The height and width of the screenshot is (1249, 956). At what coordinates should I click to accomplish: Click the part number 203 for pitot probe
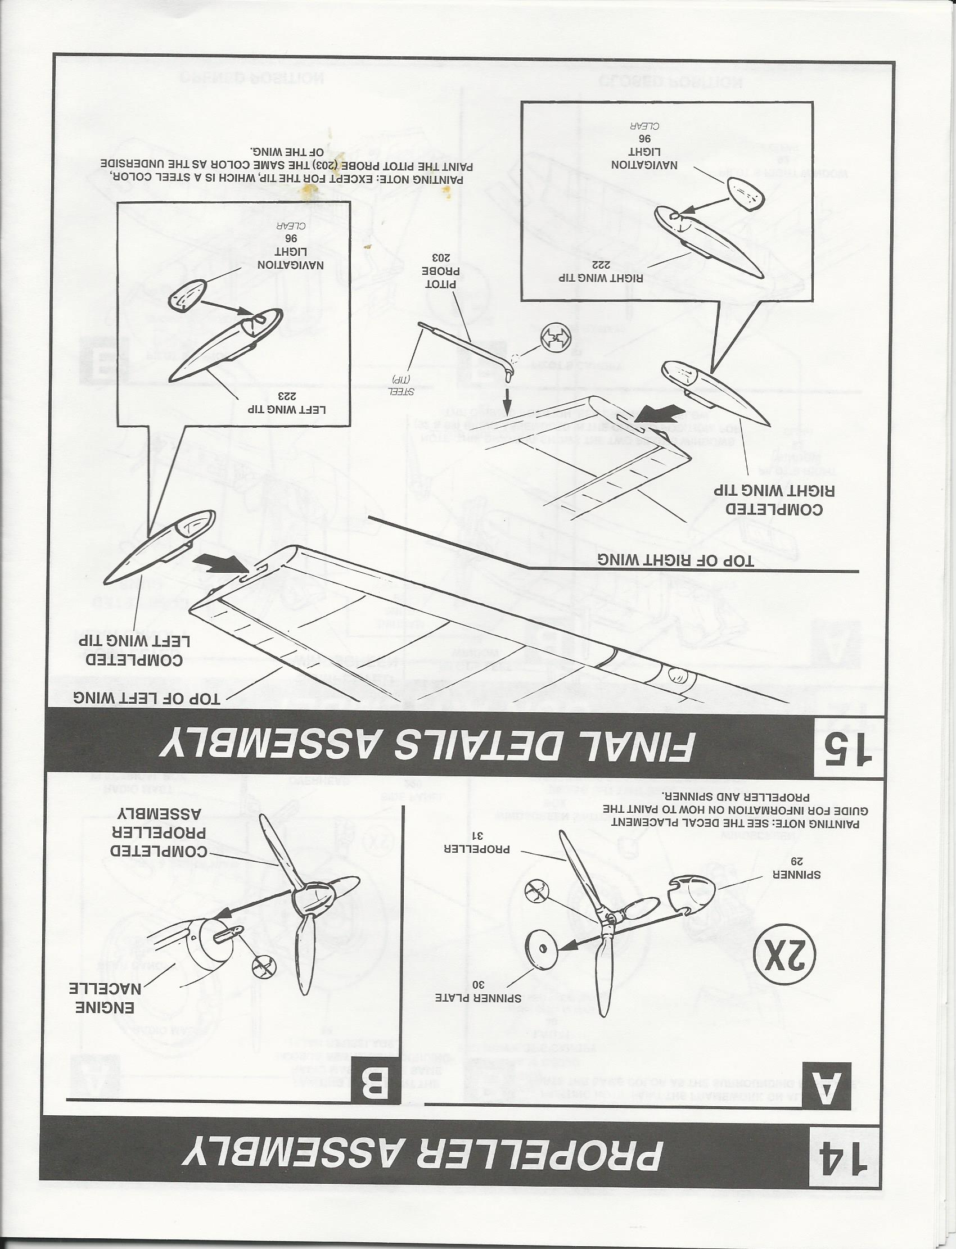[438, 256]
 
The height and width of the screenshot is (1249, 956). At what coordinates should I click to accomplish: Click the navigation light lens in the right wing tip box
[746, 194]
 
